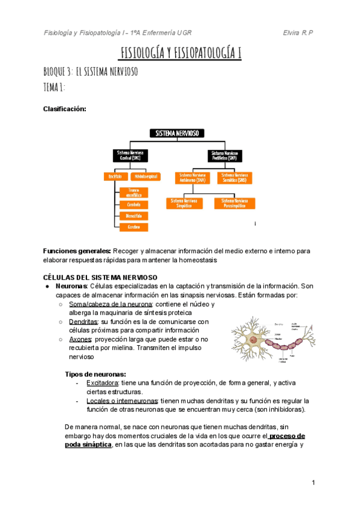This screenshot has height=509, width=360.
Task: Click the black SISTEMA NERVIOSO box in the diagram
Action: click(x=178, y=133)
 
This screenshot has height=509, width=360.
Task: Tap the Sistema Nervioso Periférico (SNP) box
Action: click(x=227, y=155)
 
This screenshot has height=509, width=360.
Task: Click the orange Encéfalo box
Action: click(x=115, y=176)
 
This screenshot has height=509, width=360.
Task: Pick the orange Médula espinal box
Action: click(x=146, y=176)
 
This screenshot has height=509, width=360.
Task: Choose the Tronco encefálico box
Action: click(x=134, y=192)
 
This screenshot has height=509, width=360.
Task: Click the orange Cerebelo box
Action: click(x=134, y=204)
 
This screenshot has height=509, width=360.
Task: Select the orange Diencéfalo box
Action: click(x=134, y=215)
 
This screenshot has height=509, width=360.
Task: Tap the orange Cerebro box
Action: click(x=134, y=227)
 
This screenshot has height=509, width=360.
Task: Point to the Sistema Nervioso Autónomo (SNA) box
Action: click(x=192, y=178)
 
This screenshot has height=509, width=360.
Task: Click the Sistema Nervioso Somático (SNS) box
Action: click(x=235, y=178)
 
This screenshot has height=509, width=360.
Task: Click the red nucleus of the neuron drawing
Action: click(x=253, y=340)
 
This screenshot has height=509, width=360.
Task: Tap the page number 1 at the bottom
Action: click(x=313, y=483)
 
